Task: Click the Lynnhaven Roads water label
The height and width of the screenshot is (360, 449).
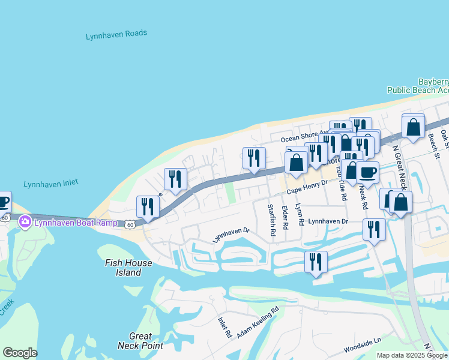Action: [116, 35]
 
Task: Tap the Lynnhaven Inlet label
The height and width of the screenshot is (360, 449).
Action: [51, 184]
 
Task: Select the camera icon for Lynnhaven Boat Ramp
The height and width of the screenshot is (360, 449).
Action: [25, 223]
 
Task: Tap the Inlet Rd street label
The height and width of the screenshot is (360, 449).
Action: [224, 327]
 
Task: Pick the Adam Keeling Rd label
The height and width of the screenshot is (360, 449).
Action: [259, 322]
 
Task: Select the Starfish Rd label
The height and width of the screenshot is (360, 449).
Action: [271, 220]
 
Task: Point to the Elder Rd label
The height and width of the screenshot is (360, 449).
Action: [285, 218]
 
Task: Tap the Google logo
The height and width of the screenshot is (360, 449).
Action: [20, 353]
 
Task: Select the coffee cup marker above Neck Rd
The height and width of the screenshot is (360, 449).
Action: [367, 172]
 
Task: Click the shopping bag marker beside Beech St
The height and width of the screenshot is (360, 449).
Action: [413, 127]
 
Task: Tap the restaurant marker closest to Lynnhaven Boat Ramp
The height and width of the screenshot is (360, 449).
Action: [148, 206]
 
